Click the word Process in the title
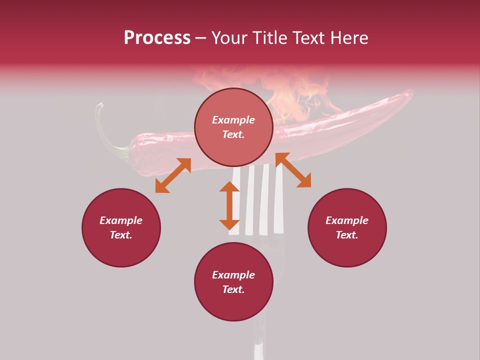click(157, 38)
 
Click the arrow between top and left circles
click(173, 175)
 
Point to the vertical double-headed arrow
click(229, 205)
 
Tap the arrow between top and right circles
click(293, 170)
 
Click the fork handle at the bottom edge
click(258, 347)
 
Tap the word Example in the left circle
click(121, 220)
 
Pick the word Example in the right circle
click(347, 220)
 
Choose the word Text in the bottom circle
click(233, 289)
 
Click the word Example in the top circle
click(233, 120)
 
